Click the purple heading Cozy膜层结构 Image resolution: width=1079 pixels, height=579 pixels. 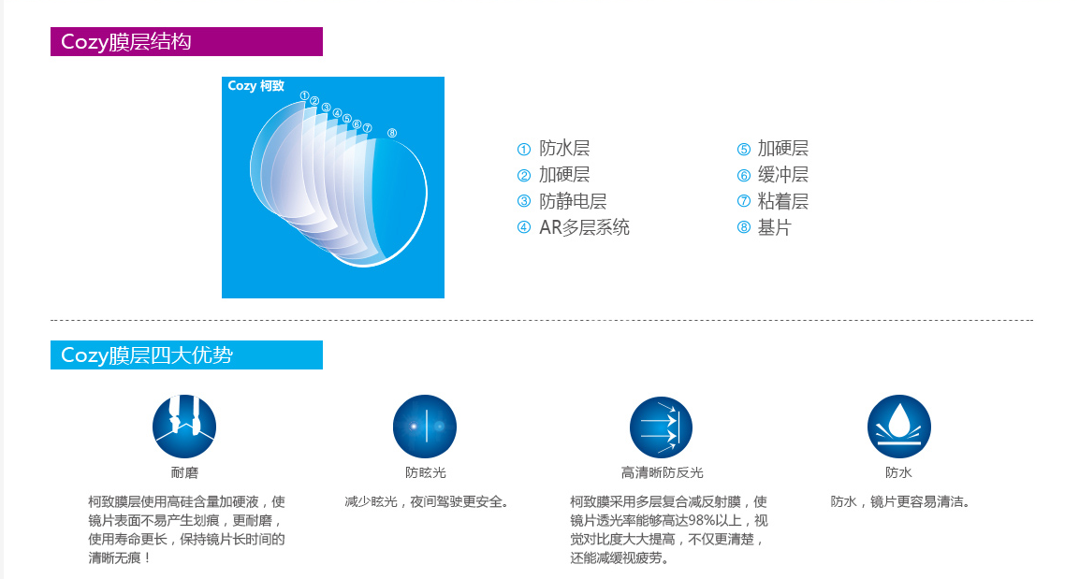coord(125,42)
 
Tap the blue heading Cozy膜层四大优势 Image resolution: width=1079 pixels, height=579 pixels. coord(146,355)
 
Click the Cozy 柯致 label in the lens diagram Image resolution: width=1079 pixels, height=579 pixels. coord(255,86)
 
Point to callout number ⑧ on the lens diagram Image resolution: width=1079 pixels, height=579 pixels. coord(391,134)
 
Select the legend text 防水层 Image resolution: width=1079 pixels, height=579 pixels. coord(564,149)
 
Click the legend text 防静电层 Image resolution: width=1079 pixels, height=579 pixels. coord(573,201)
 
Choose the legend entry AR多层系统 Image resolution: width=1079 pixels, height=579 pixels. coord(584,227)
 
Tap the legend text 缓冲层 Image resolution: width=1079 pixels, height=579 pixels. coord(782,175)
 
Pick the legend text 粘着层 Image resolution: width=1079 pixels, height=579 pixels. coord(782,201)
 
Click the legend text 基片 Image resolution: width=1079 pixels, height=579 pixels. coord(774,227)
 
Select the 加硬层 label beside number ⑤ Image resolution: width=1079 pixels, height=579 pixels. coord(782,149)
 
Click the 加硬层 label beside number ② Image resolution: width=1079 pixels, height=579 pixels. coord(564,175)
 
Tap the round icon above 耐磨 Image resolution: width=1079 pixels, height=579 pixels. coord(184,427)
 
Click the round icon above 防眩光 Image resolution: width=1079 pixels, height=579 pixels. coord(425,427)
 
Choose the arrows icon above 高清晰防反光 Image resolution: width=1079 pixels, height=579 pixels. coord(662,427)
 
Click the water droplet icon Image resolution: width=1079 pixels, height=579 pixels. coord(898,427)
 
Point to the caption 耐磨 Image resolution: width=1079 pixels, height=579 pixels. coord(184,473)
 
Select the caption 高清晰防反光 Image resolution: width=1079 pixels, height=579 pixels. coord(662,473)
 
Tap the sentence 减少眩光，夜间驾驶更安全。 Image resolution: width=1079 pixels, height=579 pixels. coord(427,501)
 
